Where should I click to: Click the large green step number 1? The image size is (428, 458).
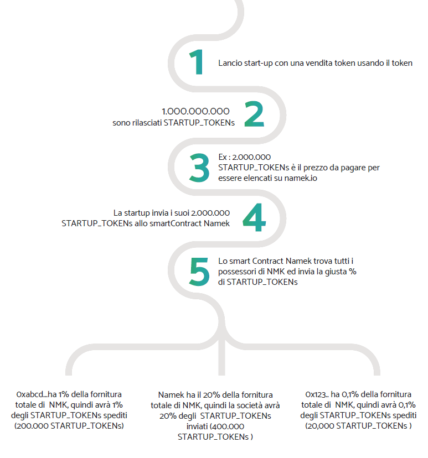point(197,62)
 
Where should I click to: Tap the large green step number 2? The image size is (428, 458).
point(254,114)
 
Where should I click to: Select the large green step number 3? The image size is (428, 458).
point(199,168)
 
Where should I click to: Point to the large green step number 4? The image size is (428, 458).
point(254,217)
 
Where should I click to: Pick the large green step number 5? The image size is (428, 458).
point(199,272)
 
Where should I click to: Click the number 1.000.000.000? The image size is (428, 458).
point(195,111)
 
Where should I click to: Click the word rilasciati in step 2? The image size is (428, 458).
point(147,123)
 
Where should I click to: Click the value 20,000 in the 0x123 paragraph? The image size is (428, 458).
point(321,426)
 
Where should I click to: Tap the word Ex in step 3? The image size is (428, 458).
point(223,157)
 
